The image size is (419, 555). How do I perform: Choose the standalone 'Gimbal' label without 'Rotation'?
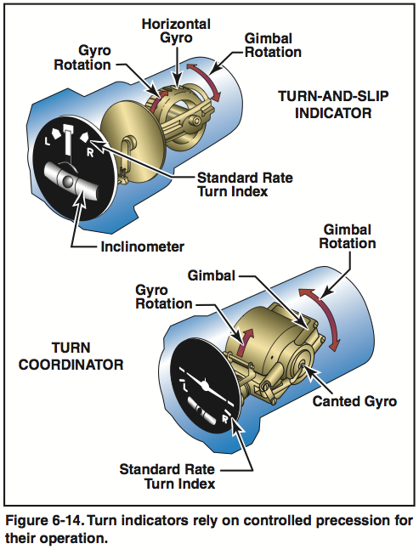coord(211,276)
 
